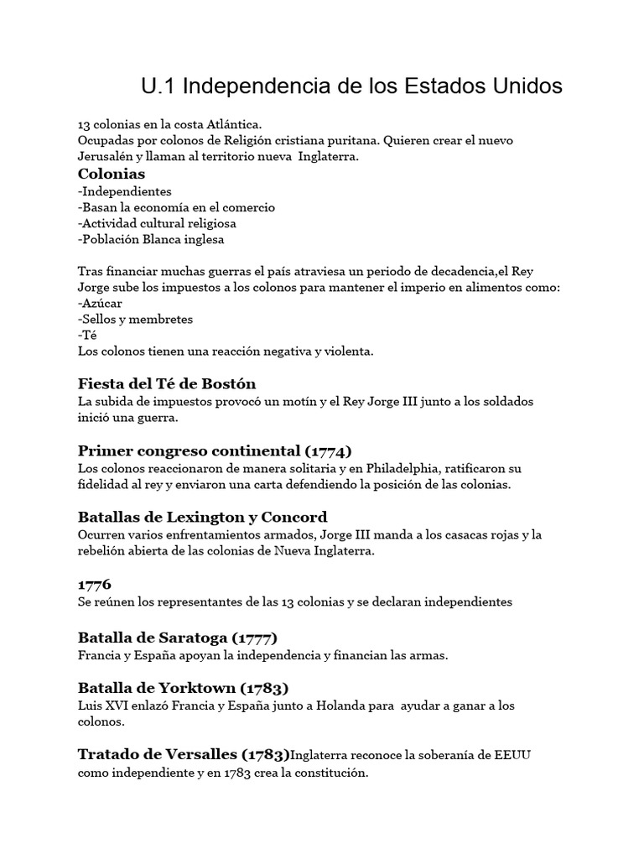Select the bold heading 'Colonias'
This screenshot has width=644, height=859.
tap(111, 174)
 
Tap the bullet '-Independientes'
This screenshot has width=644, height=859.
tap(124, 191)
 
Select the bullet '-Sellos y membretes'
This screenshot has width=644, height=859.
tap(135, 320)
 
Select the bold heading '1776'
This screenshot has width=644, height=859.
tap(94, 584)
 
